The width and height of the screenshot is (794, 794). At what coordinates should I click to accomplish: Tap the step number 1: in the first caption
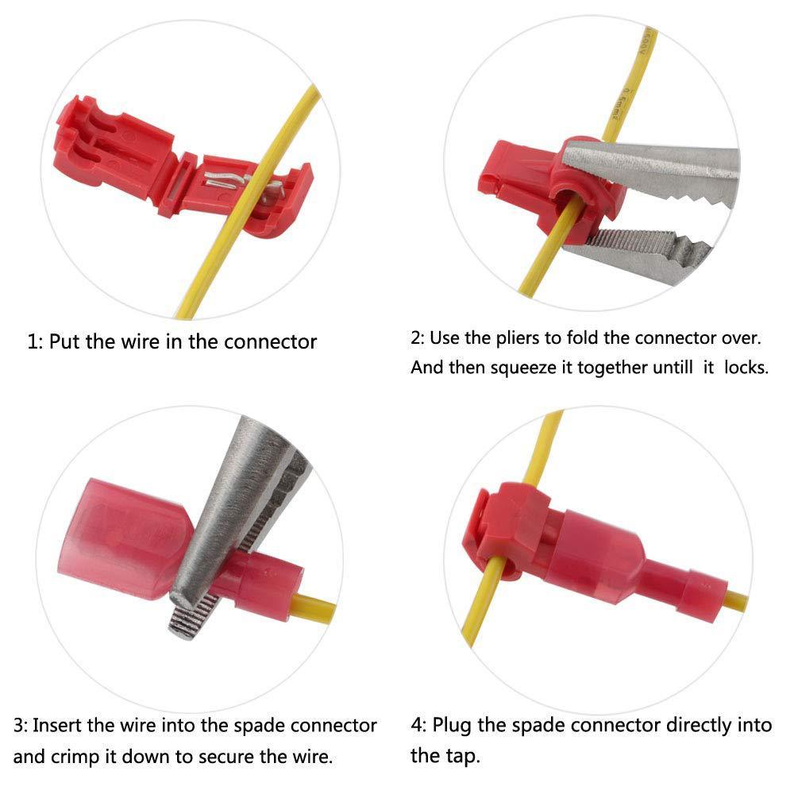[x=36, y=342]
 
